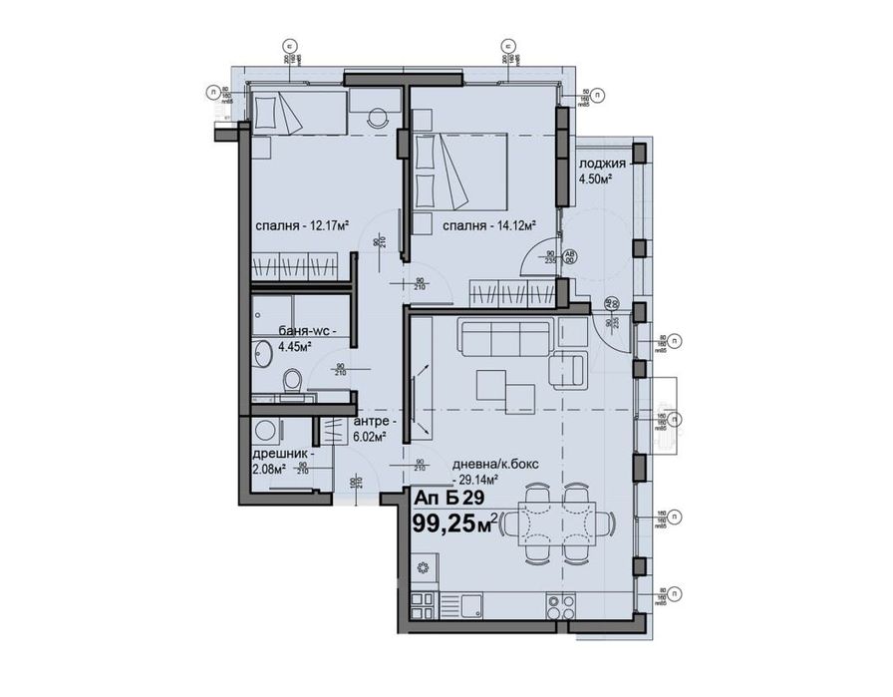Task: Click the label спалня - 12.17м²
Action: click(x=301, y=224)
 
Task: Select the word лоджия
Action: click(x=602, y=165)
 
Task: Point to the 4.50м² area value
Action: click(x=595, y=179)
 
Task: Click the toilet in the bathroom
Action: click(x=292, y=381)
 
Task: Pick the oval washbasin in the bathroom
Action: click(x=262, y=355)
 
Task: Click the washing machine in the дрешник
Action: click(x=266, y=432)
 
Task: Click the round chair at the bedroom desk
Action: click(x=377, y=116)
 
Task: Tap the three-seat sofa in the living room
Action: click(x=503, y=339)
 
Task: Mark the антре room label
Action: click(x=374, y=421)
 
